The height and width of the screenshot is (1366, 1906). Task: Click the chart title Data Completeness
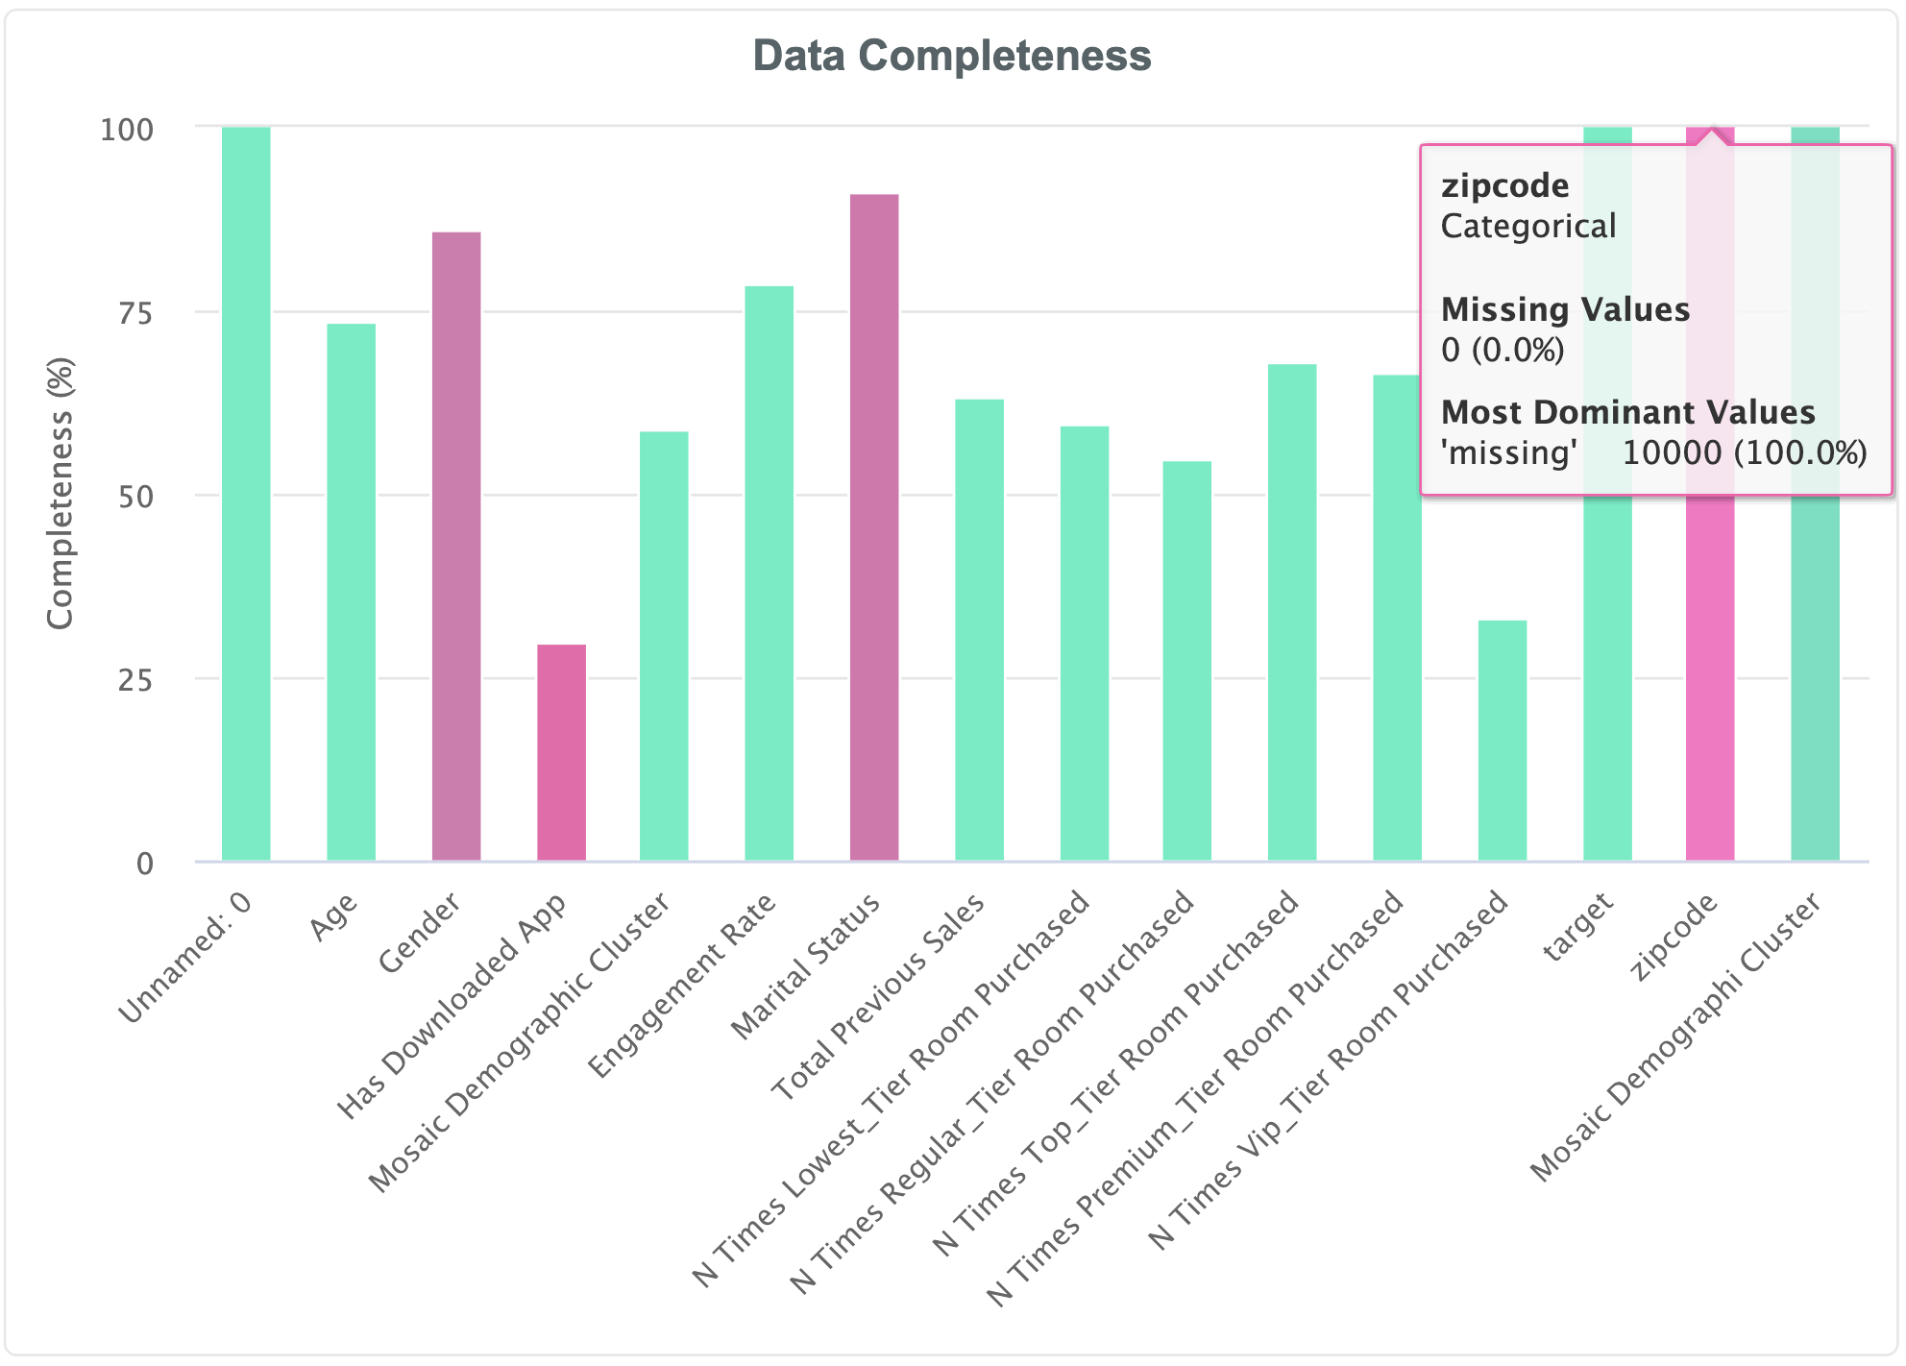pos(951,56)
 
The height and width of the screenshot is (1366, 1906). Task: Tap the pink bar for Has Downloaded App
pos(561,752)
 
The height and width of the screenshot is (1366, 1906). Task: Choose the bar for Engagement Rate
pos(770,573)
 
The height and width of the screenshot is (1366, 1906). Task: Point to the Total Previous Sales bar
pos(979,629)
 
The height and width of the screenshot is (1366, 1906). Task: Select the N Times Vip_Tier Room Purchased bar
pos(1502,740)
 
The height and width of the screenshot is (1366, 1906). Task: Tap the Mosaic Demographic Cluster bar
pos(664,646)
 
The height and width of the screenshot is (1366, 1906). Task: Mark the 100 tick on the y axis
pos(127,129)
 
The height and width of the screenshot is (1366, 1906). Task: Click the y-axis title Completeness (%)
pos(61,493)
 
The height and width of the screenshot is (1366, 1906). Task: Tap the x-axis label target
pos(1577,927)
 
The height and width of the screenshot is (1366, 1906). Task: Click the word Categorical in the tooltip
pos(1527,227)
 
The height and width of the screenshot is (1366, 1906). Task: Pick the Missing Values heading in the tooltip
pos(1565,309)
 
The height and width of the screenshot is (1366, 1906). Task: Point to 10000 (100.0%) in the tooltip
pos(1745,452)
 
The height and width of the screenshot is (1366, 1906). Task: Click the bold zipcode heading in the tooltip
pos(1504,185)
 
